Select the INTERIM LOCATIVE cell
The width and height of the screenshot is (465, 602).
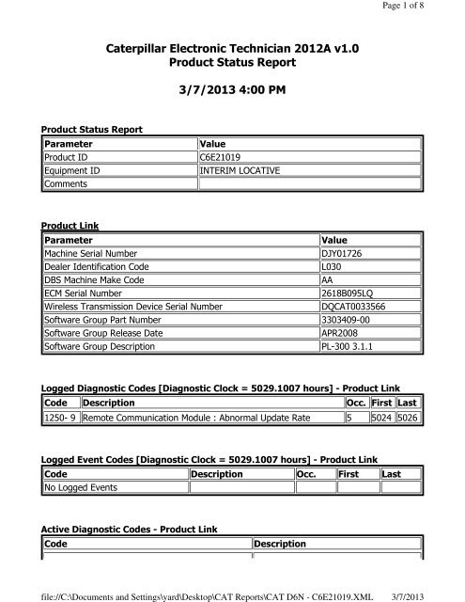coord(241,170)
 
